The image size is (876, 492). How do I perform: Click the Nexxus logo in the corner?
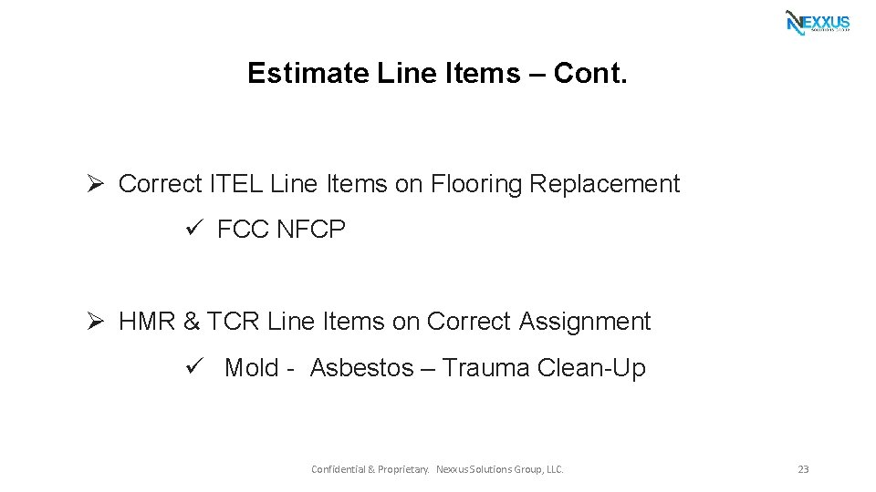[x=818, y=22]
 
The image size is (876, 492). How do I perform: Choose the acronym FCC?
[x=243, y=231]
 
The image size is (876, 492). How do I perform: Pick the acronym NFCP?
[x=310, y=231]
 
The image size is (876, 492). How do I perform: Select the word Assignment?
[x=585, y=322]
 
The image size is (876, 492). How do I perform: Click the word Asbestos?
[x=361, y=368]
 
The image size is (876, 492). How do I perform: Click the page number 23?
[x=803, y=469]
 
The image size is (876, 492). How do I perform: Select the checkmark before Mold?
[x=193, y=367]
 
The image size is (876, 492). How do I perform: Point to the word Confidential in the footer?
[x=338, y=469]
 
